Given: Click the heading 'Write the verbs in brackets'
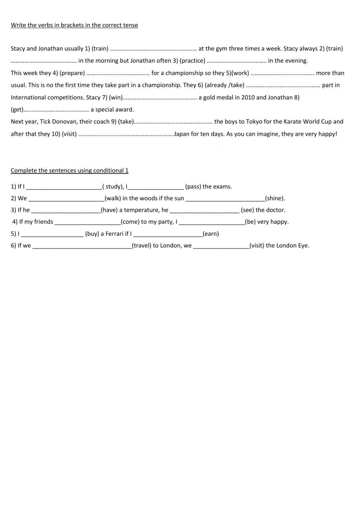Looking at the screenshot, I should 74,25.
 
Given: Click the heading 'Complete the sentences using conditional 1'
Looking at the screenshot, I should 69,170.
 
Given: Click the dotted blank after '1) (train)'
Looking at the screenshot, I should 153,49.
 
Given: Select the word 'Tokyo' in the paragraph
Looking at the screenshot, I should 254,122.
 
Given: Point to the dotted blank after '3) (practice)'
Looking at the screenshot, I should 237,61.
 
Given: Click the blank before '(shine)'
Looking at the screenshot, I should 225,198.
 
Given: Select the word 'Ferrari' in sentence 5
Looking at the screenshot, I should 114,234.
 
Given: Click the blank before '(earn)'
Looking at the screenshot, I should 167,234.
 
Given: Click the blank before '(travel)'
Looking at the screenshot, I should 82,246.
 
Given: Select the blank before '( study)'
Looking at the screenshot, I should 64,187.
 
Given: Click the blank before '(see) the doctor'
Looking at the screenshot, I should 204,210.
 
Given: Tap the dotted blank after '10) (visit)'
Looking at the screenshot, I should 126,134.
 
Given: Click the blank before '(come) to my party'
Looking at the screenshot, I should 87,222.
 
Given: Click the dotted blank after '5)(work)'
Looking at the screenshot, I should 283,73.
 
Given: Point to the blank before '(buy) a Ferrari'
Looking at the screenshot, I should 52,234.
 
